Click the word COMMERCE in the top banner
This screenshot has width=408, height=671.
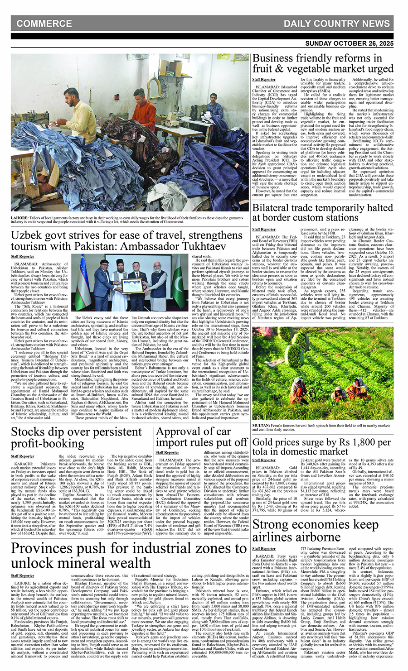44,24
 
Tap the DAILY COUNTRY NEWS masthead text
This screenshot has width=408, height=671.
337,24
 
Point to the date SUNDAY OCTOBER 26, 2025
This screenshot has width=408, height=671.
349,43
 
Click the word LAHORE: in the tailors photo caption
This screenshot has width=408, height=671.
20,217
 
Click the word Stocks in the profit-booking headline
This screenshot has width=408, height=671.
28,432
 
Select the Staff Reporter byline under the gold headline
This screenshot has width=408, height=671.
264,460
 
